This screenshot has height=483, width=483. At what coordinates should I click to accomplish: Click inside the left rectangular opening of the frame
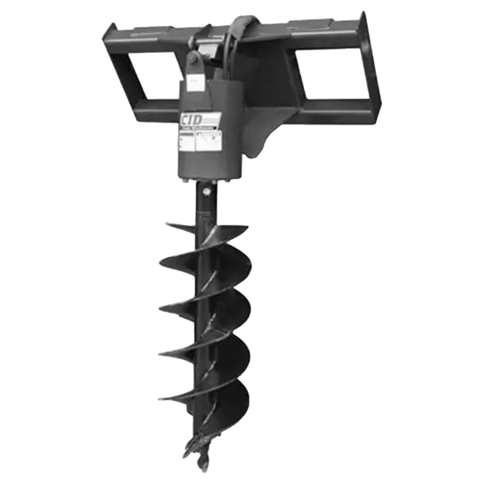point(154,75)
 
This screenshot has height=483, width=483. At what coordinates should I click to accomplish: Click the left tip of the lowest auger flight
point(162,396)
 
